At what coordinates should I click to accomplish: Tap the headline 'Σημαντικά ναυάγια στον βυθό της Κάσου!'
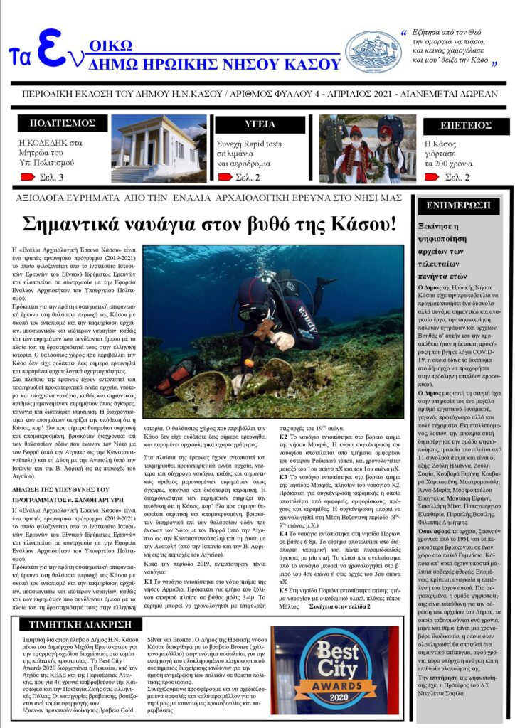(x=209, y=225)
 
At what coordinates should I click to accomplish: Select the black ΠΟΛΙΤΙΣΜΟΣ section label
(x=62, y=124)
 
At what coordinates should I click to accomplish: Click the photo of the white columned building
(x=157, y=148)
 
